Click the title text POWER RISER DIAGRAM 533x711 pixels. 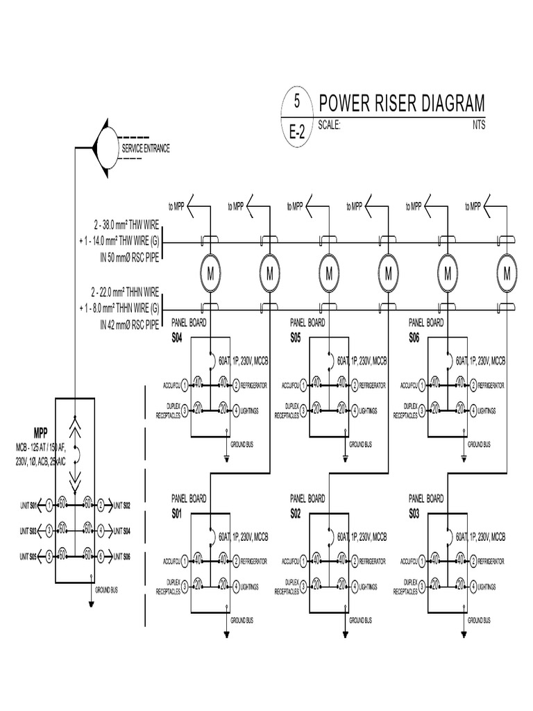pos(402,104)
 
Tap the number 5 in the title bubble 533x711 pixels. pos(296,102)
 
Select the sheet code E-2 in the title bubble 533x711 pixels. pos(296,132)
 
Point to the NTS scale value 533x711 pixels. pos(478,126)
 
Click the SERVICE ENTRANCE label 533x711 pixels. pos(146,149)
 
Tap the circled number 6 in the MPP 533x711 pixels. pos(101,555)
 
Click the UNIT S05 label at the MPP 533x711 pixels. pos(29,555)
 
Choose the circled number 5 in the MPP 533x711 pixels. pos(49,555)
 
